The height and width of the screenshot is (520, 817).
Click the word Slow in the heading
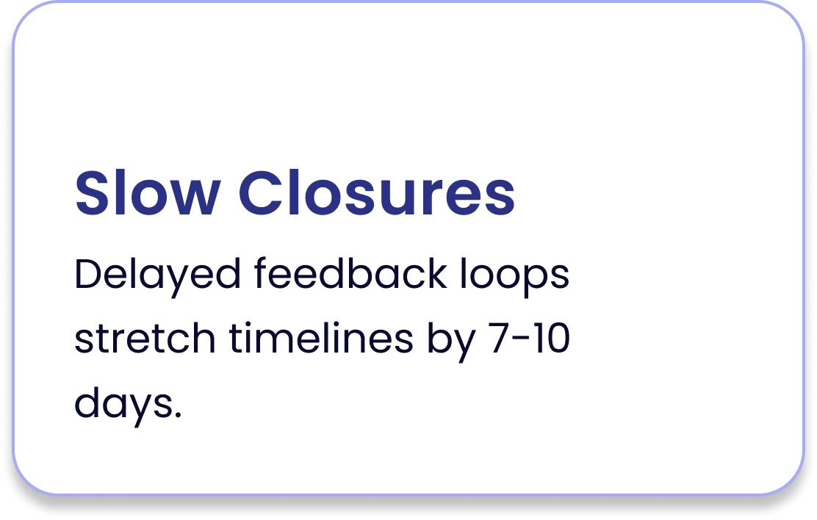(148, 192)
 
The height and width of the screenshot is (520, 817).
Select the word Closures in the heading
(377, 192)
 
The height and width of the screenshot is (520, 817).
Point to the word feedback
(350, 272)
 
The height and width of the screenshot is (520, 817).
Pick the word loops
(514, 276)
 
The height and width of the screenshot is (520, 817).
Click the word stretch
(145, 338)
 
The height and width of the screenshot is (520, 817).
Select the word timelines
(321, 337)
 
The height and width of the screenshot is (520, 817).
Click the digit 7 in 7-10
(498, 338)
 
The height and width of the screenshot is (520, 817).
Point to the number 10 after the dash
(551, 338)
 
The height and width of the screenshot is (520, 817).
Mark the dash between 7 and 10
(520, 339)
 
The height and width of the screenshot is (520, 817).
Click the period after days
(178, 415)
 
